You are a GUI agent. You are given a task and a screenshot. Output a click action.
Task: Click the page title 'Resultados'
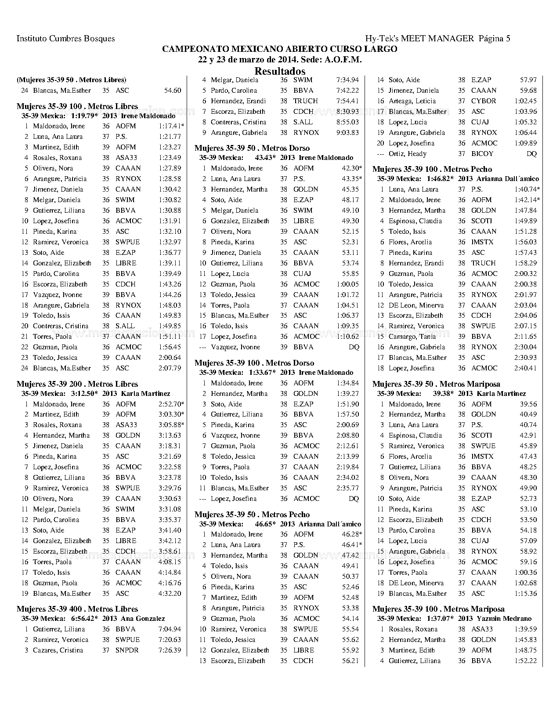[x=280, y=71]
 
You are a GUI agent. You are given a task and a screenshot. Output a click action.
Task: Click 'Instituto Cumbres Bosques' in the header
[x=65, y=39]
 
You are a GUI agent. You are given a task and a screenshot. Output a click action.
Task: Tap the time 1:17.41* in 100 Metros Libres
[x=171, y=126]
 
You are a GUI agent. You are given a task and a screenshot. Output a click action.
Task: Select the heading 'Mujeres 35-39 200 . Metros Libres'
[x=77, y=384]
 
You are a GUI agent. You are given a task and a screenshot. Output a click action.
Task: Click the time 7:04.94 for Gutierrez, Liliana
[x=170, y=629]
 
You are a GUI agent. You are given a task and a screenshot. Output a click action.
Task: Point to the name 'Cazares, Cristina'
[x=58, y=650]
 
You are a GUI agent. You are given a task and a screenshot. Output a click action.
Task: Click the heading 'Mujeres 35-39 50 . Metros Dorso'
[x=252, y=148]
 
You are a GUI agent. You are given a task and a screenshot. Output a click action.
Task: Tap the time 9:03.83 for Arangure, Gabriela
[x=347, y=133]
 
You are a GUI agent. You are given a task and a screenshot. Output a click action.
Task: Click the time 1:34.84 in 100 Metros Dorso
[x=347, y=383]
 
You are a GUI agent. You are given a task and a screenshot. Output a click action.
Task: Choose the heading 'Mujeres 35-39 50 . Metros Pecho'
[x=252, y=515]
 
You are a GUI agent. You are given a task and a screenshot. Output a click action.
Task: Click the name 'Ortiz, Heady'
[x=407, y=154]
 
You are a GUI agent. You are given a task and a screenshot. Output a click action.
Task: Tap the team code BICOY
[x=482, y=154]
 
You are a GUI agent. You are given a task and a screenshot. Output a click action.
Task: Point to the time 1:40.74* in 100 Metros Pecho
[x=527, y=189]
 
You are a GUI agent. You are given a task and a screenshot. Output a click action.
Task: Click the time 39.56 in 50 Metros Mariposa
[x=528, y=404]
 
